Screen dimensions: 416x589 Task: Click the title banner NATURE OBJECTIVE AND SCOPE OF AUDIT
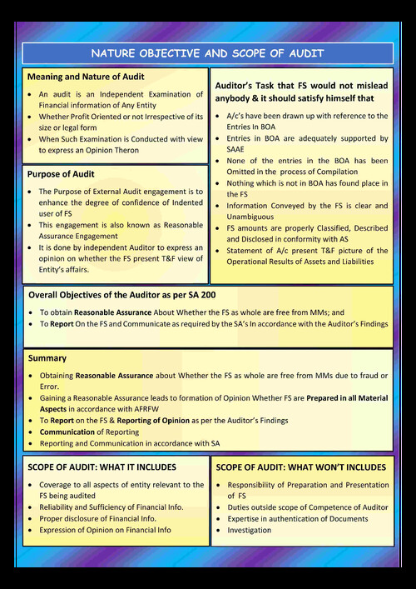[208, 53]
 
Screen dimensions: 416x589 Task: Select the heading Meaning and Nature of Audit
[86, 77]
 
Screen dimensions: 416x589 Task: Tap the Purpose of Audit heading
[61, 174]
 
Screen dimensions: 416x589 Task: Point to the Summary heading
[47, 357]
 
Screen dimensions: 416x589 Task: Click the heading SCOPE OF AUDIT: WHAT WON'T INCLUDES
[300, 467]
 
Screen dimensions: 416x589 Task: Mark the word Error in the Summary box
[50, 387]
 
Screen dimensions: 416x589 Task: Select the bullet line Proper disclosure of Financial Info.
[97, 518]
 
